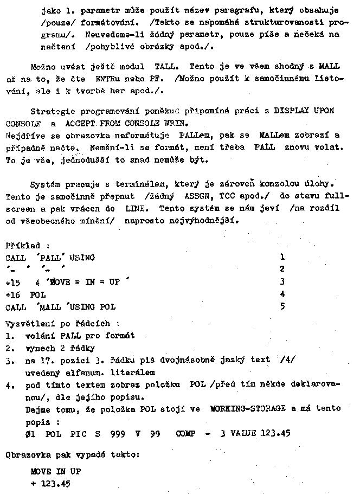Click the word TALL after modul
click(x=164, y=66)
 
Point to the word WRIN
click(x=179, y=123)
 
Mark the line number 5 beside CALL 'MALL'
click(x=282, y=307)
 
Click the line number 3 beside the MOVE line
click(x=282, y=282)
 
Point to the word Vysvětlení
click(x=27, y=324)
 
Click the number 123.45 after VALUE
click(x=277, y=434)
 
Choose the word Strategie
click(x=49, y=111)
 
